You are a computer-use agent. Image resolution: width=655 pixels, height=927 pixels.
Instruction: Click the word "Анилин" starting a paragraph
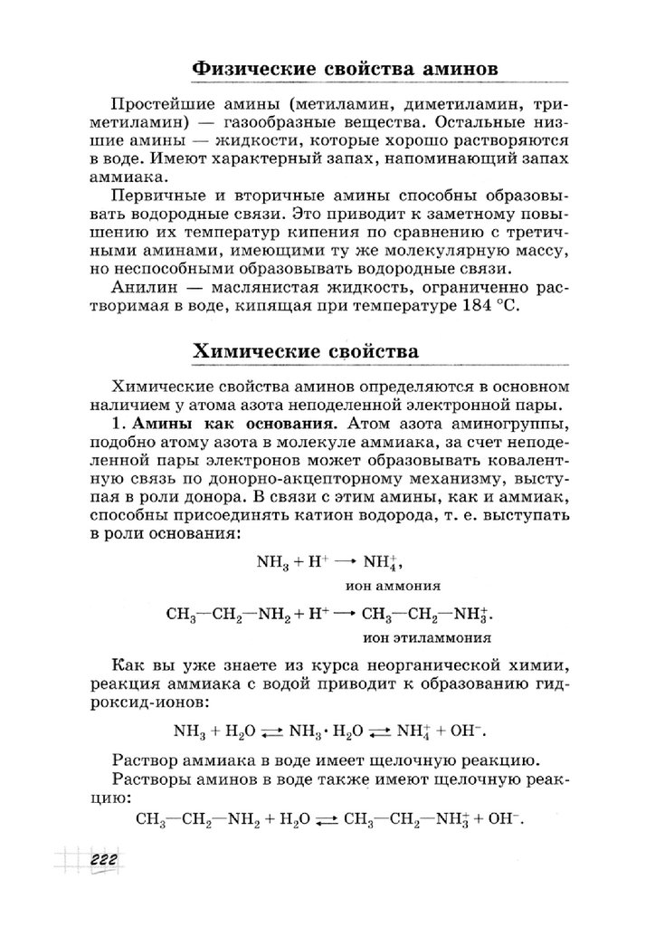tap(135, 288)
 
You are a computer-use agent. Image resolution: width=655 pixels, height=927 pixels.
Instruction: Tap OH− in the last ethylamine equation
tap(506, 817)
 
